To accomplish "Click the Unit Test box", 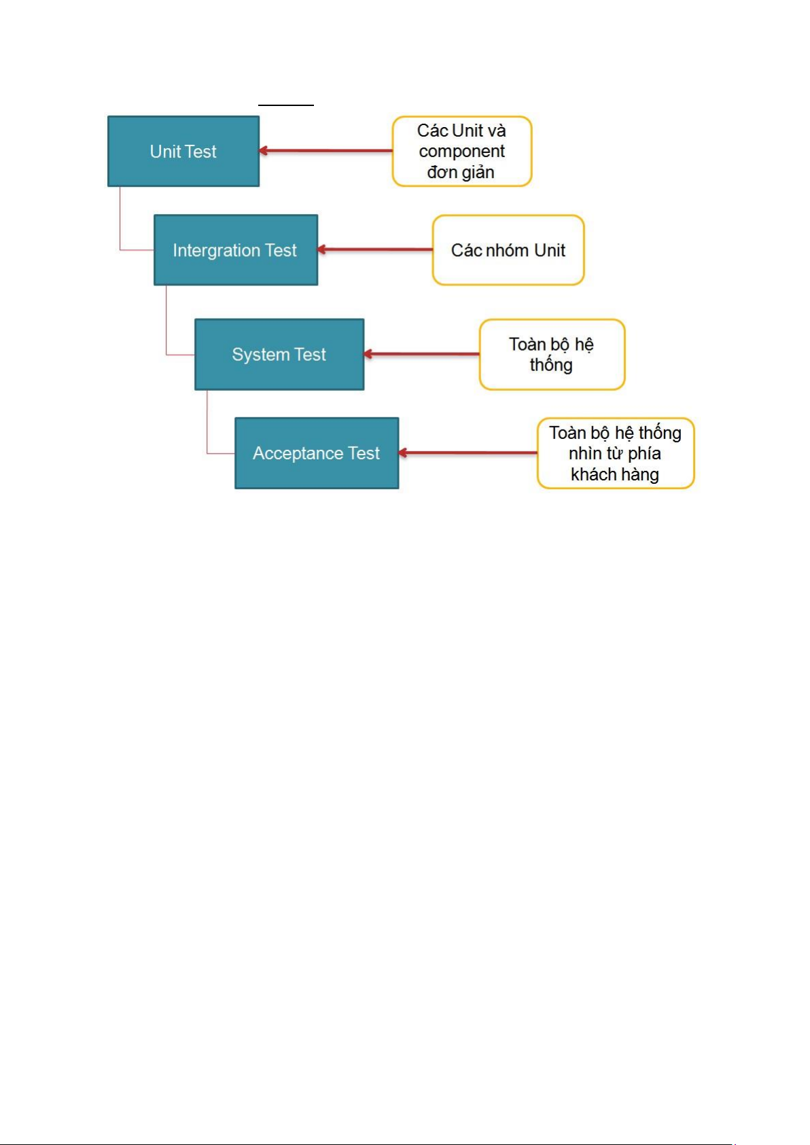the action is (x=183, y=152).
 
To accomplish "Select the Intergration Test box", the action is (x=236, y=250).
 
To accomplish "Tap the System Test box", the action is (x=279, y=354).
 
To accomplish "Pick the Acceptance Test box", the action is (x=317, y=453).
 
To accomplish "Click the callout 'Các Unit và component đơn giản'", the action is (x=462, y=152).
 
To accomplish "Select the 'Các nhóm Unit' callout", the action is (x=508, y=250).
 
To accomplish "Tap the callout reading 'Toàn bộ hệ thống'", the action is (x=552, y=354).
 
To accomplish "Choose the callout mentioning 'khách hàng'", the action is (x=615, y=453).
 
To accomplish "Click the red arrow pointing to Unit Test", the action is (x=325, y=151).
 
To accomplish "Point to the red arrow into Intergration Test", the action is (x=375, y=249).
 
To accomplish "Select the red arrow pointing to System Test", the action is (x=421, y=354).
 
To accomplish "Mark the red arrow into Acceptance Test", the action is (x=468, y=453).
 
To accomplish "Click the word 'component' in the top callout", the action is (x=462, y=152).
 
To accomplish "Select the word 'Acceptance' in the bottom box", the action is (x=298, y=453).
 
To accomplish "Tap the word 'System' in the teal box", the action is (x=261, y=355).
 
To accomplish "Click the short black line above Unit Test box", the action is (x=285, y=105).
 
